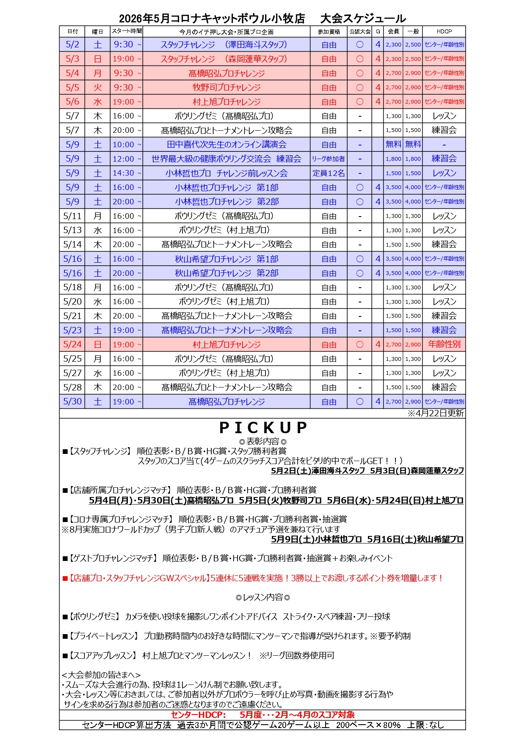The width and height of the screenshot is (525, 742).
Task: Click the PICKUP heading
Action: coord(262,428)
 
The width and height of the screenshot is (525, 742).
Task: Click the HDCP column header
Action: coord(444,31)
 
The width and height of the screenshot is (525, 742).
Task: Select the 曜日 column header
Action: coord(97,31)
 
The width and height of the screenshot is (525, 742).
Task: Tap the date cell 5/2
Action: coord(72,44)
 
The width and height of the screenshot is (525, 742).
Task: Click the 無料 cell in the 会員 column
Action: coord(393,144)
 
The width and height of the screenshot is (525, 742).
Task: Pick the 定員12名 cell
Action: coord(329,173)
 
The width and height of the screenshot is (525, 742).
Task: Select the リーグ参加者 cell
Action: coord(329,159)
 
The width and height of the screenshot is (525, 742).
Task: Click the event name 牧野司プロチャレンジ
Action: coord(227,87)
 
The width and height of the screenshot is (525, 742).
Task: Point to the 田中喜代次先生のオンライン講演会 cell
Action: coord(227,144)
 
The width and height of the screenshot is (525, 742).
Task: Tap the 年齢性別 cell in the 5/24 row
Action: coord(444,344)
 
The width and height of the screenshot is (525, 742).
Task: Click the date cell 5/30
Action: coord(72,401)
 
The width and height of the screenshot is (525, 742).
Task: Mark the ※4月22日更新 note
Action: coord(436,413)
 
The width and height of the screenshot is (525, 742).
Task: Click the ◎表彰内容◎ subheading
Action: coord(262,441)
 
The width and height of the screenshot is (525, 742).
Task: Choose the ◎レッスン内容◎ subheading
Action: coord(262,597)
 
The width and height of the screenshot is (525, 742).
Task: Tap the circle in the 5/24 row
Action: coord(360,344)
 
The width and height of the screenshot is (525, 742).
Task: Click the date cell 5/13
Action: coord(72,230)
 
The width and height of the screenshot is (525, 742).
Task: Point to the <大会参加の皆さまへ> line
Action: coord(101,675)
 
